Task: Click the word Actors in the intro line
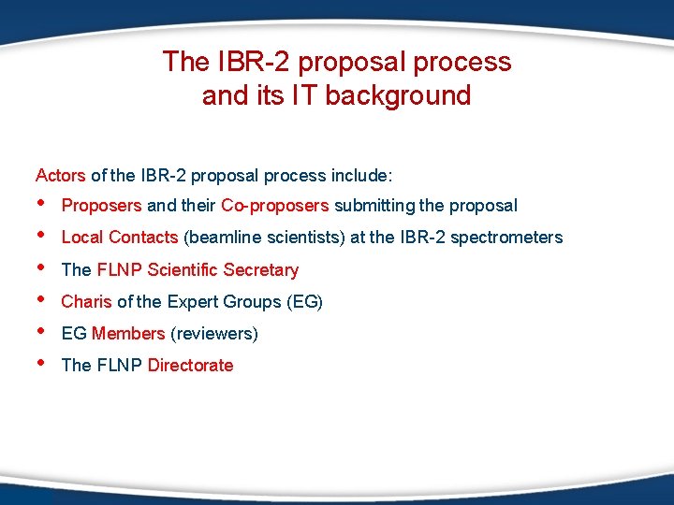(60, 175)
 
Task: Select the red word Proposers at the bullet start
(101, 206)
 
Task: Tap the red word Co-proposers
(275, 206)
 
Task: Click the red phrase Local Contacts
(119, 238)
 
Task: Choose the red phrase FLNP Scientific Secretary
(198, 270)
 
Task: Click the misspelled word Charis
(86, 302)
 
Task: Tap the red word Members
(128, 334)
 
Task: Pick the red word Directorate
(190, 366)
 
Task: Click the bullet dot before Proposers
(40, 205)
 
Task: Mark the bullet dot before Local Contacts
(40, 237)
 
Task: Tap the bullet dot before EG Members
(40, 333)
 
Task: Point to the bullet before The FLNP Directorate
(40, 365)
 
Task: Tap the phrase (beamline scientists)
(264, 238)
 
